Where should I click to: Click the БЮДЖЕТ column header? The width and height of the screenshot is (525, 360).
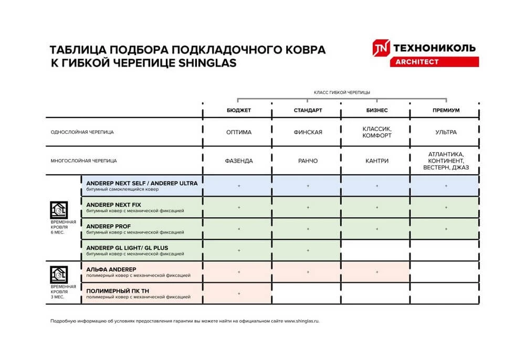click(x=238, y=111)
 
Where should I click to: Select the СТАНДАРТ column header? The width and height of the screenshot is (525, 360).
click(x=308, y=111)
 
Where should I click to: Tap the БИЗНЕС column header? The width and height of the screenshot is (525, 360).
click(x=376, y=111)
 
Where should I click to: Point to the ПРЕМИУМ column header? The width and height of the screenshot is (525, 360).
click(x=446, y=111)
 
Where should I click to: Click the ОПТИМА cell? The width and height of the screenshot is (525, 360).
click(x=238, y=132)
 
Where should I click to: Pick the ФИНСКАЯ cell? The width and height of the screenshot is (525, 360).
click(x=308, y=132)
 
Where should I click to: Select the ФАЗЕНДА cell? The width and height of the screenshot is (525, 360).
click(x=238, y=161)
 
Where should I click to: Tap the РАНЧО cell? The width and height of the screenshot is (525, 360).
click(x=308, y=161)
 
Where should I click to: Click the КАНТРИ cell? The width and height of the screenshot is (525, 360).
click(x=376, y=161)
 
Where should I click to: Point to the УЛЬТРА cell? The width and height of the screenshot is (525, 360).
click(x=446, y=132)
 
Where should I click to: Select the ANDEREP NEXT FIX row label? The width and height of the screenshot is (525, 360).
click(x=113, y=204)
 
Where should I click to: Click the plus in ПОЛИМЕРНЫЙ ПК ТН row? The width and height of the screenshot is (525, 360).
click(x=238, y=293)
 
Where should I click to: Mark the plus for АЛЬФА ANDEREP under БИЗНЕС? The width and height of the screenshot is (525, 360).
click(x=376, y=272)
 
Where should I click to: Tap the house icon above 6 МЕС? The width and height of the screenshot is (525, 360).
click(x=59, y=209)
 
